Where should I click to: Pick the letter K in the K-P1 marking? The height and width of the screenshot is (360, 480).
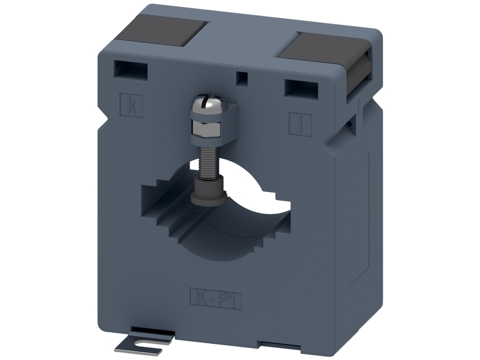coord(199,295)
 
